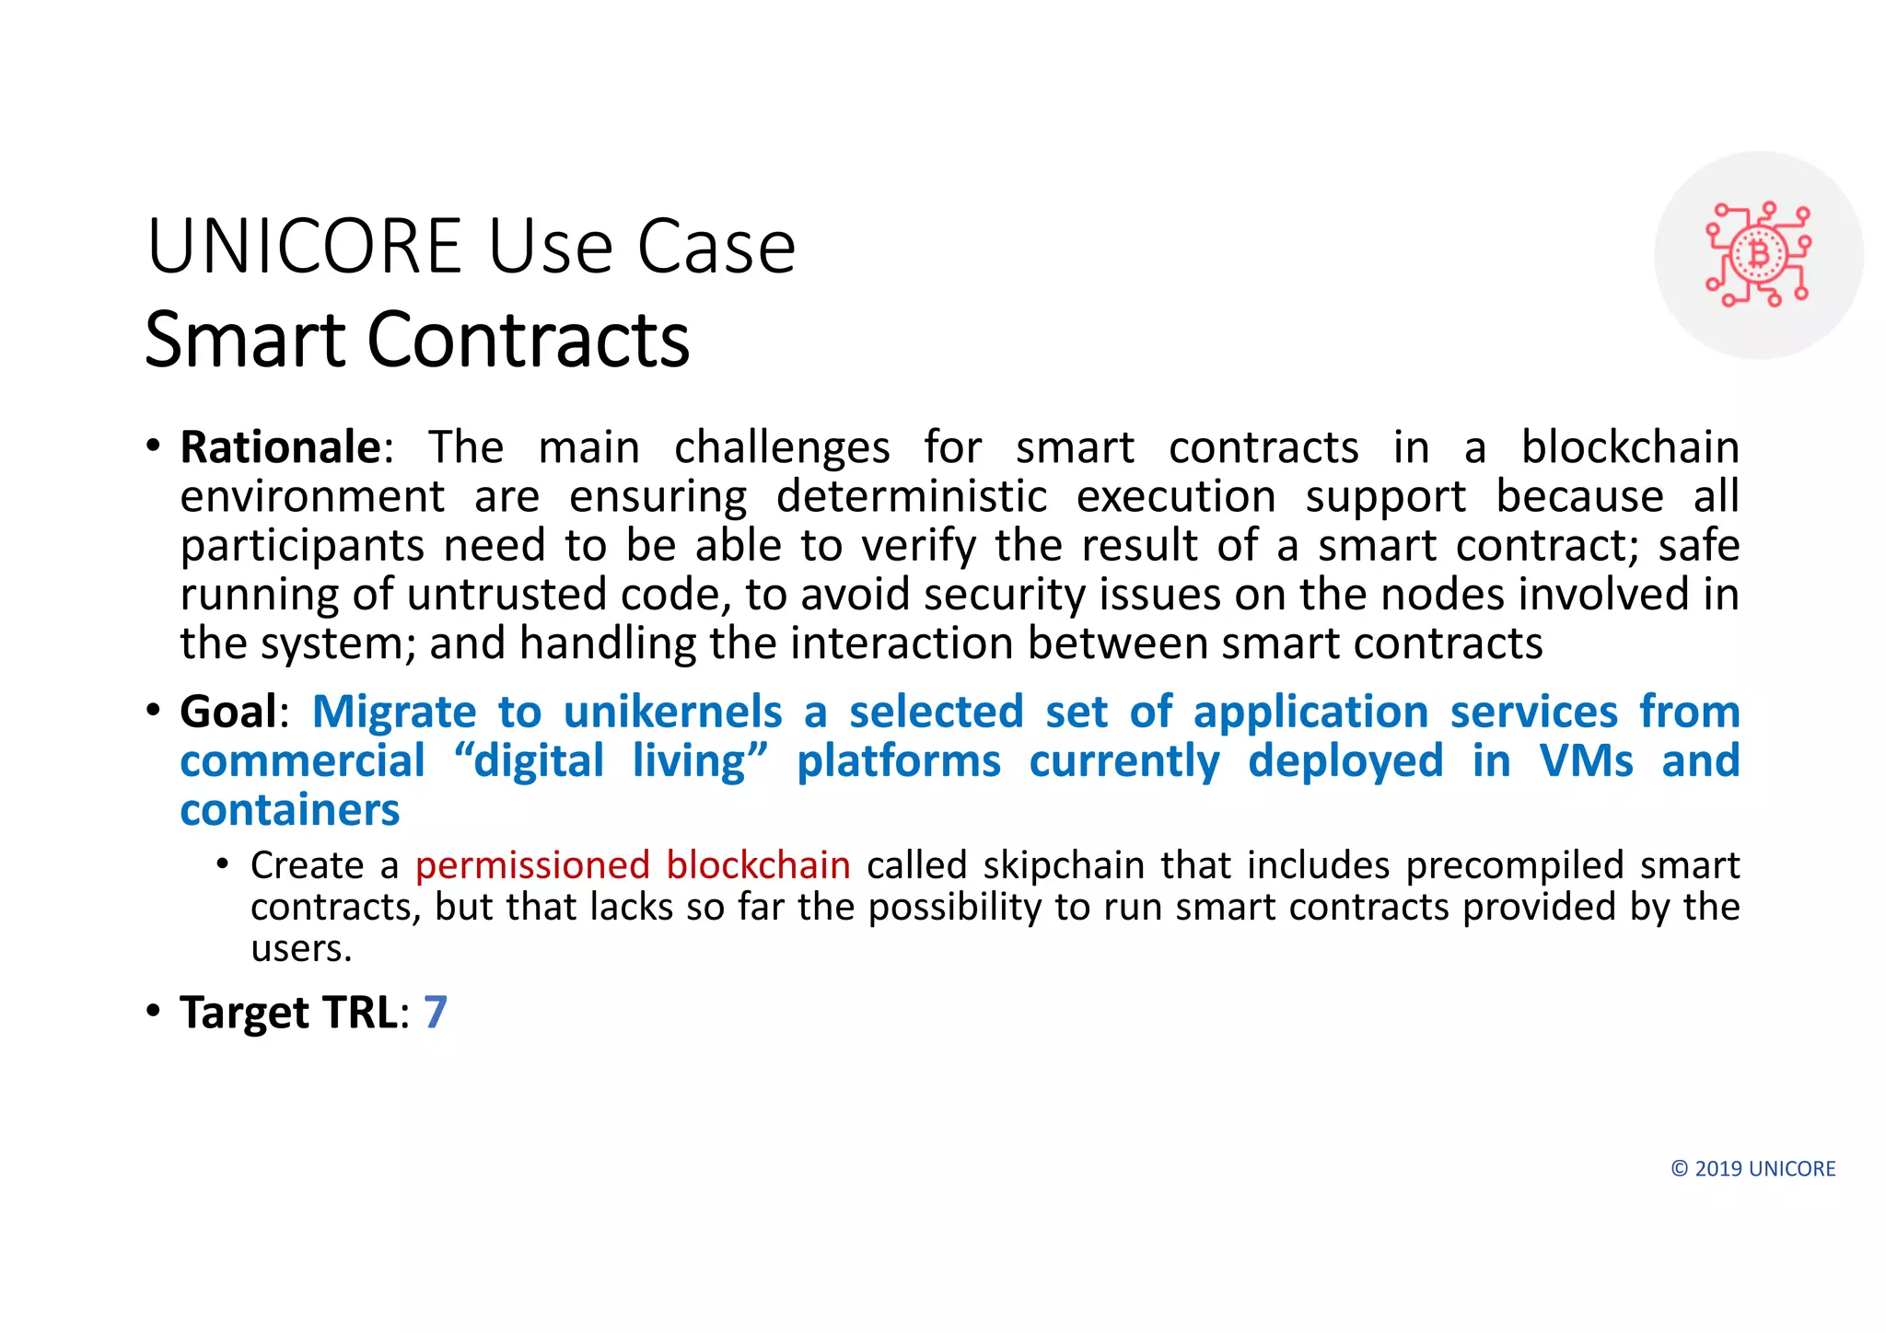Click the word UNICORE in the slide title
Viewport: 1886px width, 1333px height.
tap(304, 247)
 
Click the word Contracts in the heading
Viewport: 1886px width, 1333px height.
tap(529, 340)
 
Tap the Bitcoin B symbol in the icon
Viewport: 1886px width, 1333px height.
tap(1759, 254)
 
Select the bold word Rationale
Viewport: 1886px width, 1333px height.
tap(280, 447)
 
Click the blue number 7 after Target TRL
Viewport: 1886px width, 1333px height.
tap(436, 1012)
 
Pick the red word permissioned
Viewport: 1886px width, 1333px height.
tap(532, 865)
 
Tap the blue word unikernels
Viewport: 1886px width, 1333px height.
tap(672, 712)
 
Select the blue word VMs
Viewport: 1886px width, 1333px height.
tap(1586, 761)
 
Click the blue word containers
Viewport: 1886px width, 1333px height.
tap(290, 810)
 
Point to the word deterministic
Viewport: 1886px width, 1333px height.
tap(912, 497)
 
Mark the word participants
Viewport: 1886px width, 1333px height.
tap(302, 546)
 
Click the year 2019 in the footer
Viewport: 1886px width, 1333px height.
tap(1718, 1169)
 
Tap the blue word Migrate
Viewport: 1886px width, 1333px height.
tap(394, 712)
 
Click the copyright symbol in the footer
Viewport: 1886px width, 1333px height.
tap(1680, 1169)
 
